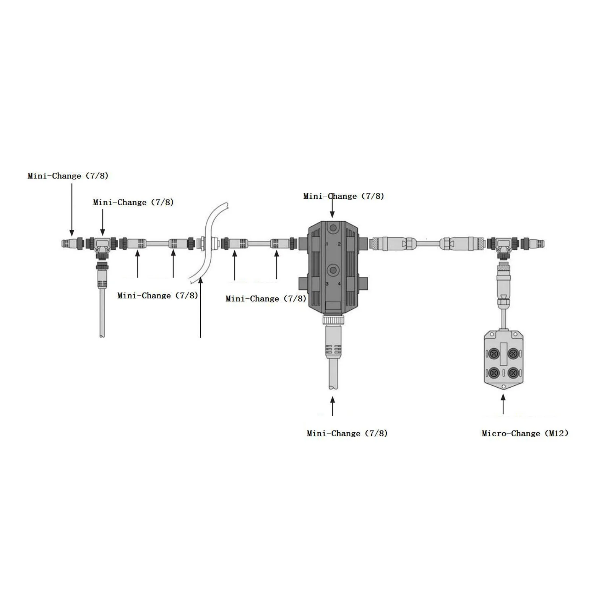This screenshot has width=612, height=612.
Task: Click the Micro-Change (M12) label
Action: point(524,433)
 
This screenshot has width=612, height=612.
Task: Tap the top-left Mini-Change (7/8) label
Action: point(68,176)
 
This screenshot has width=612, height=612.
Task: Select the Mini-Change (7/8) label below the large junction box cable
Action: point(347,433)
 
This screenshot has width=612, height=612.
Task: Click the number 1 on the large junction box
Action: point(326,244)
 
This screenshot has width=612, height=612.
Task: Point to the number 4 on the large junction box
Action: point(339,284)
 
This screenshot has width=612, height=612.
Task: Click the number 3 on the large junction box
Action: point(327,284)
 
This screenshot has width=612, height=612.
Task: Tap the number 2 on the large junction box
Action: point(339,244)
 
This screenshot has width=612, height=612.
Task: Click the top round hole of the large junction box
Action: point(333,228)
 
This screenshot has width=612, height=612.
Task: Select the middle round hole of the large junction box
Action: point(333,270)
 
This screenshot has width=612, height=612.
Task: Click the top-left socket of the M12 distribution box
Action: point(494,354)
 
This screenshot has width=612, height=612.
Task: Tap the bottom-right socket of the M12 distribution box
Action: point(513,372)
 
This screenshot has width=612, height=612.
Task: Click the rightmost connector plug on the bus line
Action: point(539,243)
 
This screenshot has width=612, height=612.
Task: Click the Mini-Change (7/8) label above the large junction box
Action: point(343,196)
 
